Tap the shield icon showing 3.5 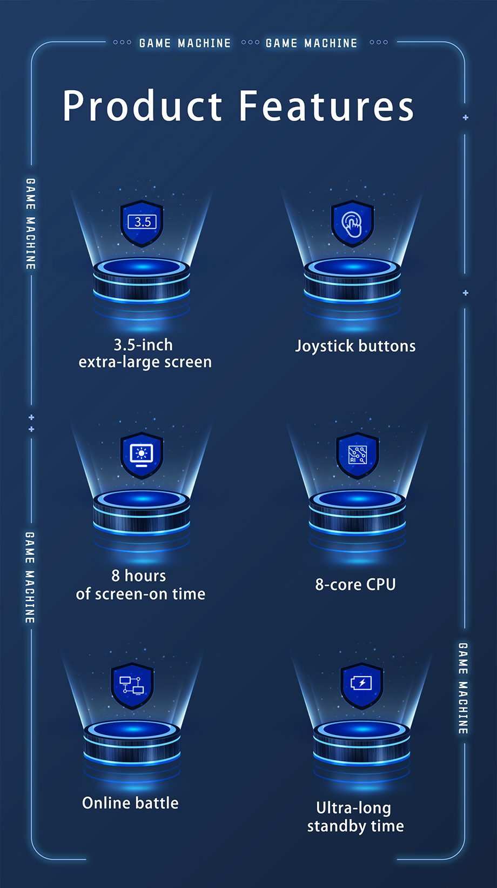point(142,223)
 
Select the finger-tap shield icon point(352,223)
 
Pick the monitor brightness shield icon point(142,456)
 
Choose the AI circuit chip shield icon point(358,456)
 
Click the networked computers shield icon point(132,686)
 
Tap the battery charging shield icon point(362,686)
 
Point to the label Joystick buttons point(355,346)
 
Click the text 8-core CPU point(355,584)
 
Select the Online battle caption point(130,803)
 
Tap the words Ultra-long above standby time point(353,808)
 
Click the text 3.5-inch point(143,345)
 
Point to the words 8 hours point(139,576)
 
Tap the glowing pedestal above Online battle point(132,743)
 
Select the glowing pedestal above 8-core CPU point(358,512)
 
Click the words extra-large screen point(145,362)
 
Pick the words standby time point(355,826)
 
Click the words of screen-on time point(140,594)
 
